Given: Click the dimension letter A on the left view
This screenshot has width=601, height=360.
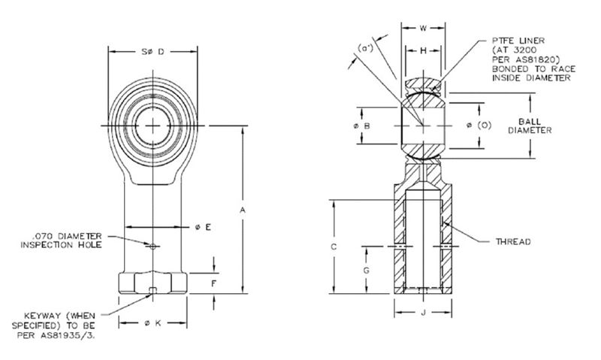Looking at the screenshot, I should pos(243,212).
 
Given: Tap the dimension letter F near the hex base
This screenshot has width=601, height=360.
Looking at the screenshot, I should pos(214,283).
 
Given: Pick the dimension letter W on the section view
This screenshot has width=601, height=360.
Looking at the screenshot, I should pos(422,29).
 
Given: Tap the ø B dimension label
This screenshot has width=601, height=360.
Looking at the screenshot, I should pos(362,126).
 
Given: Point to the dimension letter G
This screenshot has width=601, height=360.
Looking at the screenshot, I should pos(366,268).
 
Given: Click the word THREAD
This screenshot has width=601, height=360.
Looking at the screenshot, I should pos(513,241).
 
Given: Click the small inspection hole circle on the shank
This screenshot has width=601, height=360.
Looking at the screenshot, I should pos(153,246).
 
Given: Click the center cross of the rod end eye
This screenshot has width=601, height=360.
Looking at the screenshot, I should pos(154,124).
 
